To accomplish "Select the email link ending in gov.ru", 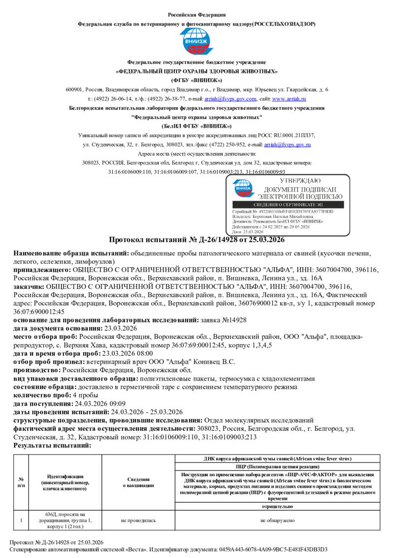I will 287,144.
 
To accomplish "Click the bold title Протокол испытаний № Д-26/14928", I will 197,240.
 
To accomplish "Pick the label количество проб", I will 42,395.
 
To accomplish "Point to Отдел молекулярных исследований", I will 259,420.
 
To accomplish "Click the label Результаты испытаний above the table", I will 52,445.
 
